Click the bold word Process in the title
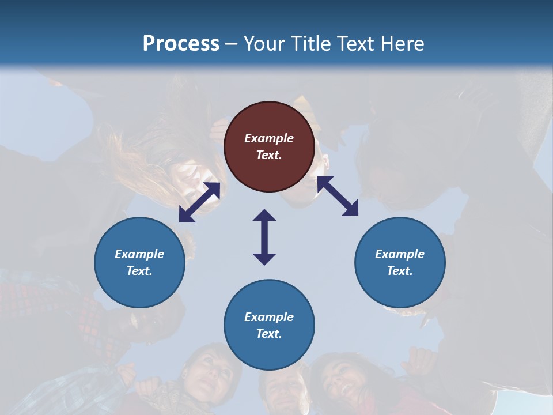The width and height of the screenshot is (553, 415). [x=181, y=44]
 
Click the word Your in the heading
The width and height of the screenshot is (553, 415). [x=266, y=44]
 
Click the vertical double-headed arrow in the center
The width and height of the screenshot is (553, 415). [x=264, y=237]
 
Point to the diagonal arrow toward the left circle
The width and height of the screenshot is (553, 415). [x=199, y=202]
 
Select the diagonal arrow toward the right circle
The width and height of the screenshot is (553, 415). [x=338, y=196]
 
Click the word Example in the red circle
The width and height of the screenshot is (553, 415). [x=269, y=138]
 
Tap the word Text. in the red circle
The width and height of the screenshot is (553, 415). [x=269, y=155]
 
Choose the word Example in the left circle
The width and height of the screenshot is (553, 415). [x=139, y=254]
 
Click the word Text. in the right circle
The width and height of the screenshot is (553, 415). [x=400, y=271]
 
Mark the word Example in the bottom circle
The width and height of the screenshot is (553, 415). [x=269, y=317]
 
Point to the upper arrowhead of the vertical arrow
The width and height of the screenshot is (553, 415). [x=264, y=215]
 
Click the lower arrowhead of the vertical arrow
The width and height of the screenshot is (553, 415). [x=264, y=259]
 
